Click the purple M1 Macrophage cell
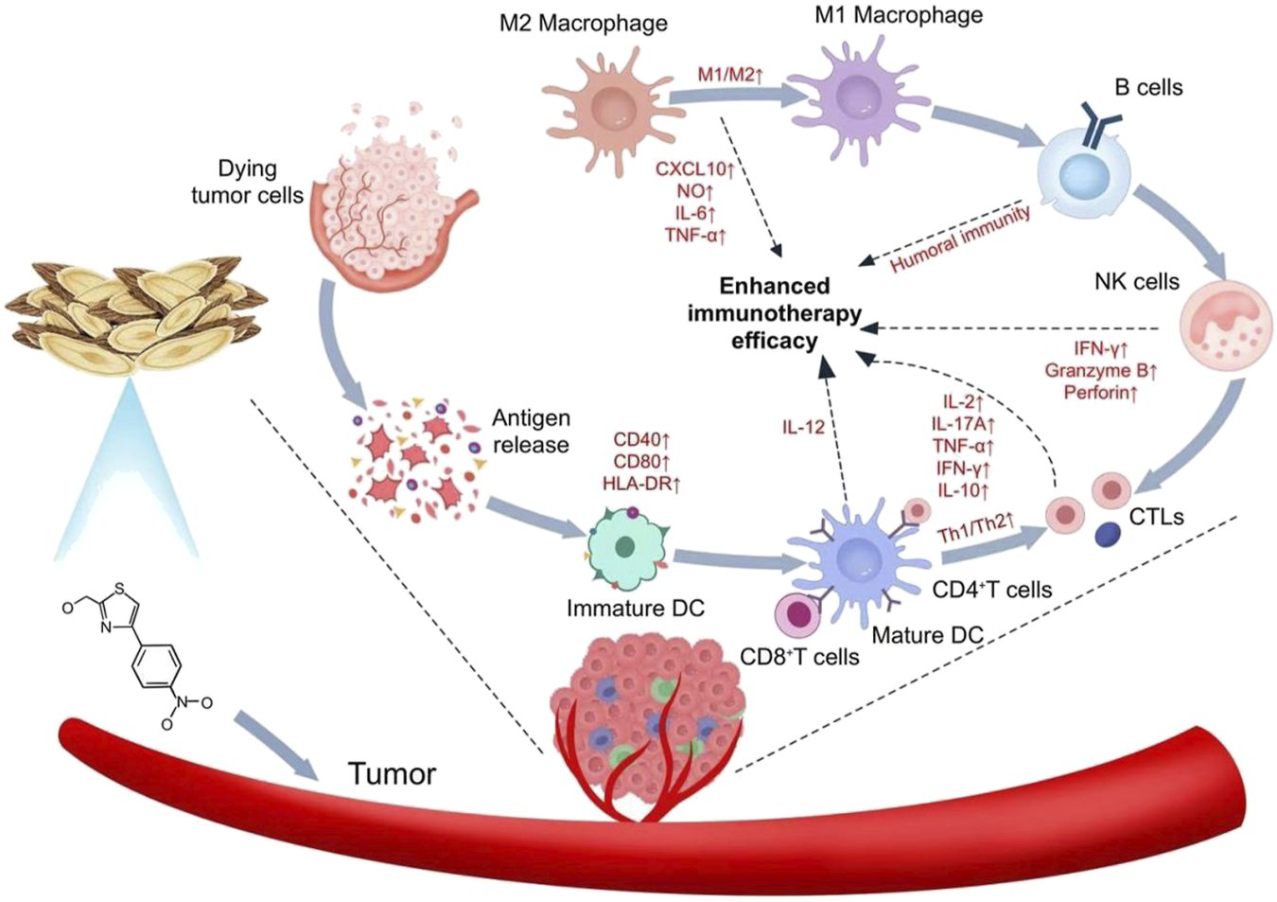pyautogui.click(x=857, y=99)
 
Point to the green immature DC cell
pyautogui.click(x=625, y=548)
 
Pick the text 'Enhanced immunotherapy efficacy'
pyautogui.click(x=774, y=313)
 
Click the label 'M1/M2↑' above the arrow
pyautogui.click(x=729, y=75)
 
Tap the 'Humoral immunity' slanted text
pyautogui.click(x=959, y=239)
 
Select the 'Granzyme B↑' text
pyautogui.click(x=1100, y=370)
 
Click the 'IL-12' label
pyautogui.click(x=802, y=427)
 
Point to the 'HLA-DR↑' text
pyautogui.click(x=641, y=484)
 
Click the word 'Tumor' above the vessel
pyautogui.click(x=392, y=773)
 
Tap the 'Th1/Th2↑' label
pyautogui.click(x=975, y=528)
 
